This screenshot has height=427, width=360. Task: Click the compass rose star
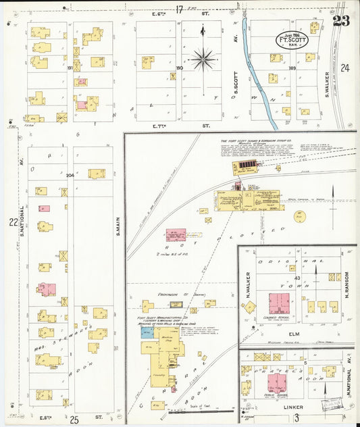[x=202, y=59]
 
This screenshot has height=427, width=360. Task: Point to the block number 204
[x=70, y=174]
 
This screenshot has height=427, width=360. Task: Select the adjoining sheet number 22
[x=12, y=222]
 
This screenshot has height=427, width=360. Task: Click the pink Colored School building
[x=279, y=303]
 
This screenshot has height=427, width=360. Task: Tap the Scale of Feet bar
[x=201, y=410]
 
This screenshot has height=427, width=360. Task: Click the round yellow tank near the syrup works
[x=300, y=217]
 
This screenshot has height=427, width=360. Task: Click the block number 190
[x=180, y=68]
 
